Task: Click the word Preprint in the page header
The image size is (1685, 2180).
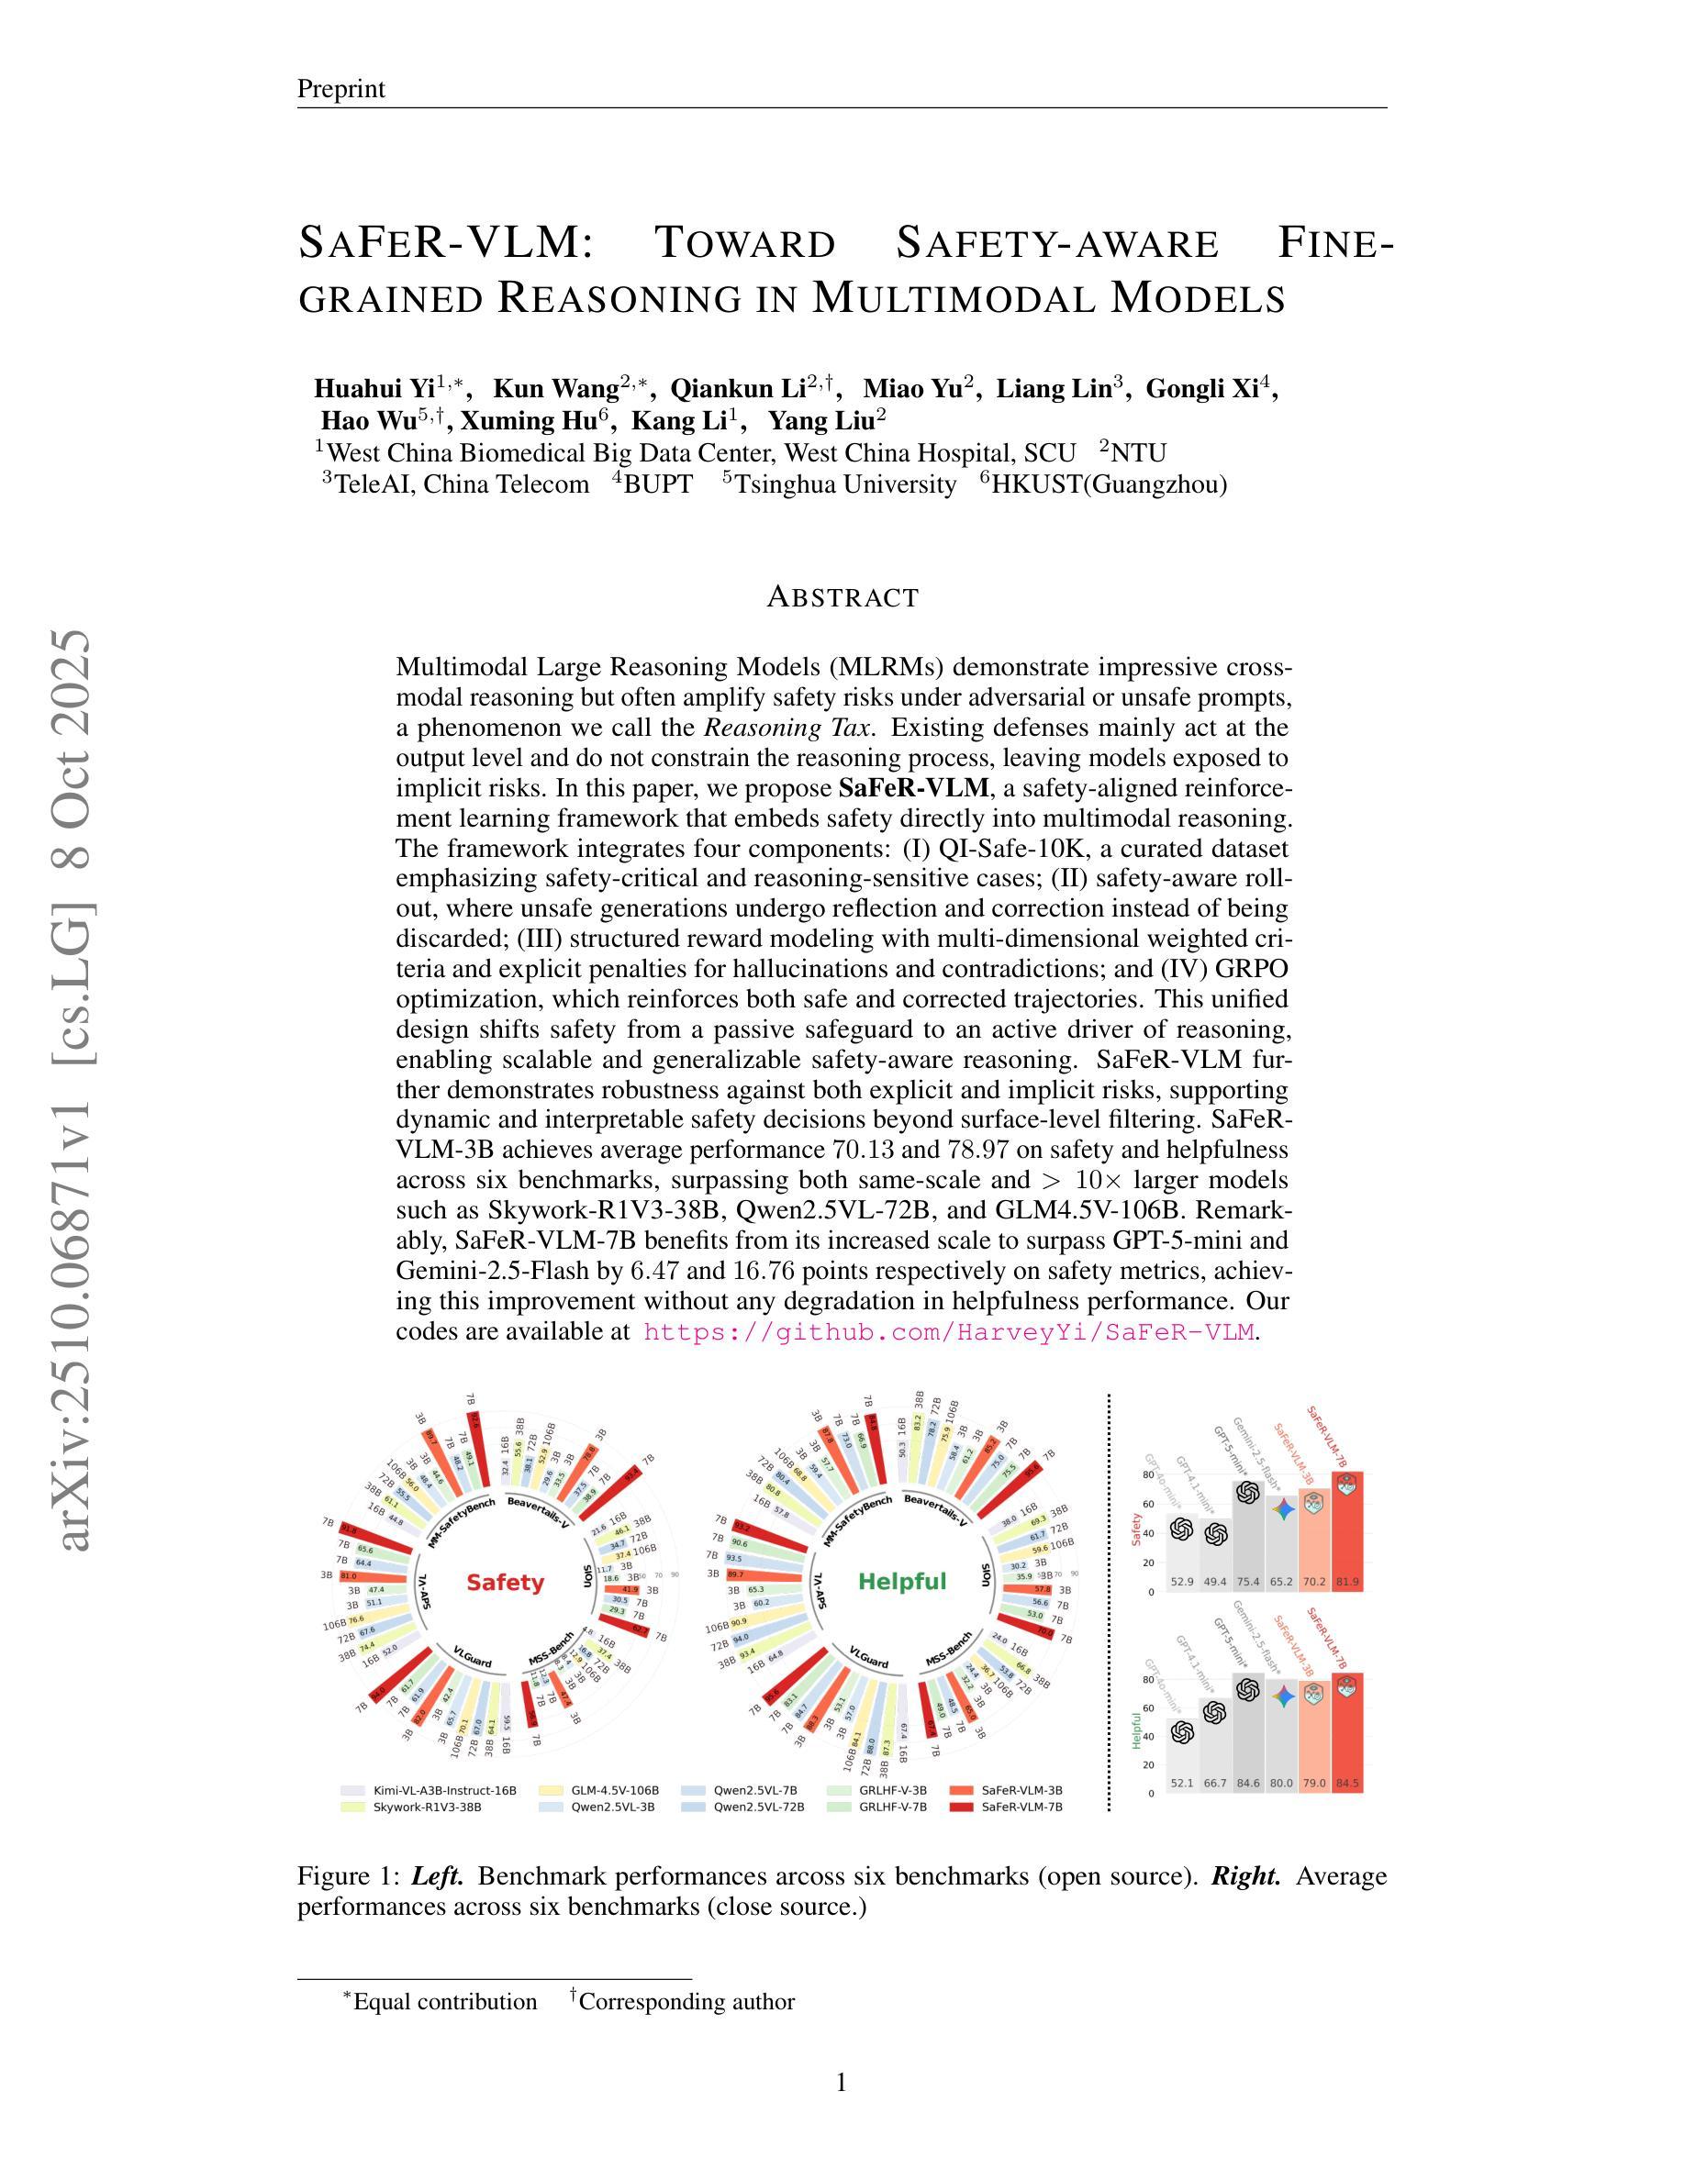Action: point(340,89)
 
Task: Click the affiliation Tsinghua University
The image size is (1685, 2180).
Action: point(844,484)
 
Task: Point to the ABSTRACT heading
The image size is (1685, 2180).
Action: point(842,597)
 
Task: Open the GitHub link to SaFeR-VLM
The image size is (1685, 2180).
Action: point(948,1331)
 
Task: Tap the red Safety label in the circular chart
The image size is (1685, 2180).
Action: point(505,1582)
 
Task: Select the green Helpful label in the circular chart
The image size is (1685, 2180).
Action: point(901,1581)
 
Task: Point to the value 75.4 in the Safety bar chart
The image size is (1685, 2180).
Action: point(1248,1582)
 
